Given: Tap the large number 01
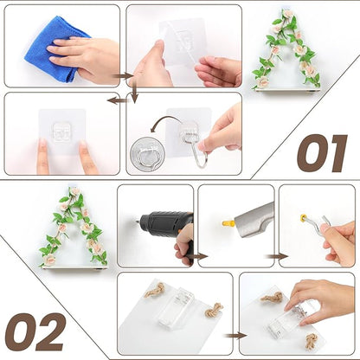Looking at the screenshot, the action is coord(322,153).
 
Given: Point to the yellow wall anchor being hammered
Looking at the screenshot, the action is coord(228,222).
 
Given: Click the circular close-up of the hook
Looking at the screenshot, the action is coord(147,153).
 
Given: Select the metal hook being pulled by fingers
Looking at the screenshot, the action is coord(198,150).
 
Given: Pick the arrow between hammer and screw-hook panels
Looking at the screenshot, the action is coord(276,256).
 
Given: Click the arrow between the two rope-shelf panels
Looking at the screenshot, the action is coord(235,336).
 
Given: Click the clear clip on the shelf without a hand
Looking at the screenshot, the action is coord(176,309).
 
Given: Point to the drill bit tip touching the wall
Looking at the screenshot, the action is coord(137,222).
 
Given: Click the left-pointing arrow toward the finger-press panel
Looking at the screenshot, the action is coord(118,100).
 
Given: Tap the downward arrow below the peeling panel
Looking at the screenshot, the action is coord(134,93).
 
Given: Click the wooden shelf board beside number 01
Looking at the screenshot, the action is coord(287,90).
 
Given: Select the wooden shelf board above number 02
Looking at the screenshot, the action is coord(74,268).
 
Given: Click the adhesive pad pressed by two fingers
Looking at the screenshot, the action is coord(62,132).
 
